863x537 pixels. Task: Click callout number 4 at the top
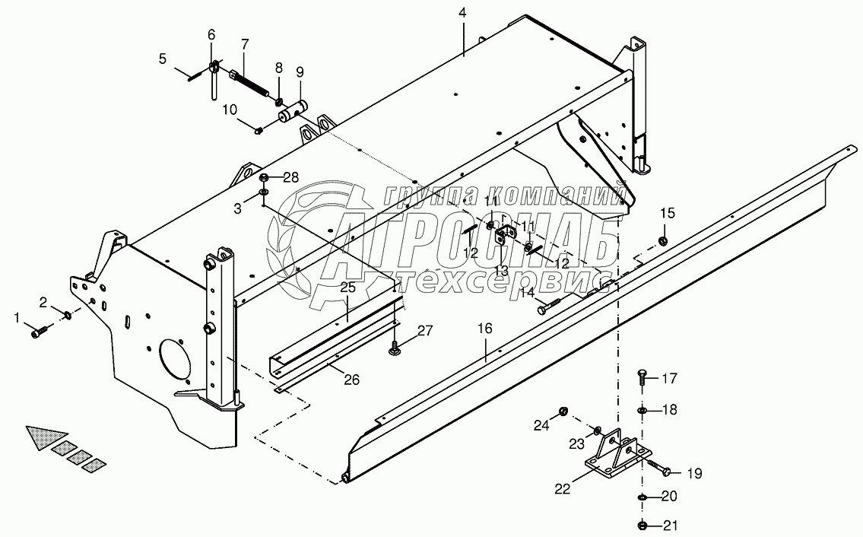tap(462, 14)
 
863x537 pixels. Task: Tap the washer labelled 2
tap(68, 316)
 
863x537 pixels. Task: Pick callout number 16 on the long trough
tap(485, 329)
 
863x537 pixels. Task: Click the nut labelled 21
tap(643, 525)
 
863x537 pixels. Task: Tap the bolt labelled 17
tap(642, 377)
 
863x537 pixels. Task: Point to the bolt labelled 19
tap(660, 470)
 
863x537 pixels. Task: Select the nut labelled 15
tap(662, 241)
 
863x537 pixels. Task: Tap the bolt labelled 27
tap(396, 349)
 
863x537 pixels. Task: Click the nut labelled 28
tap(264, 179)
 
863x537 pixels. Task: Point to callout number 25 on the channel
tap(347, 288)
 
